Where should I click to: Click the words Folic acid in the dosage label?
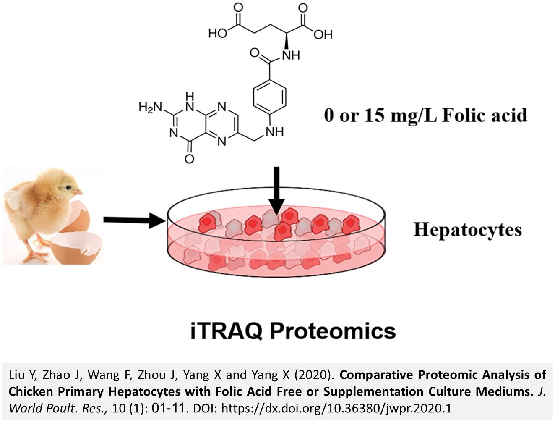pyautogui.click(x=485, y=115)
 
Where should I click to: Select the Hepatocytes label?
pyautogui.click(x=467, y=230)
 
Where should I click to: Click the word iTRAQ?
pyautogui.click(x=226, y=331)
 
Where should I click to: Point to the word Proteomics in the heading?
pyautogui.click(x=332, y=331)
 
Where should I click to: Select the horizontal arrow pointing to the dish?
pyautogui.click(x=133, y=220)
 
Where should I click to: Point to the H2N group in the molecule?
pyautogui.click(x=150, y=108)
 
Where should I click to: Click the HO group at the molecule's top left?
pyautogui.click(x=218, y=33)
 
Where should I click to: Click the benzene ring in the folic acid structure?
pyautogui.click(x=270, y=97)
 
